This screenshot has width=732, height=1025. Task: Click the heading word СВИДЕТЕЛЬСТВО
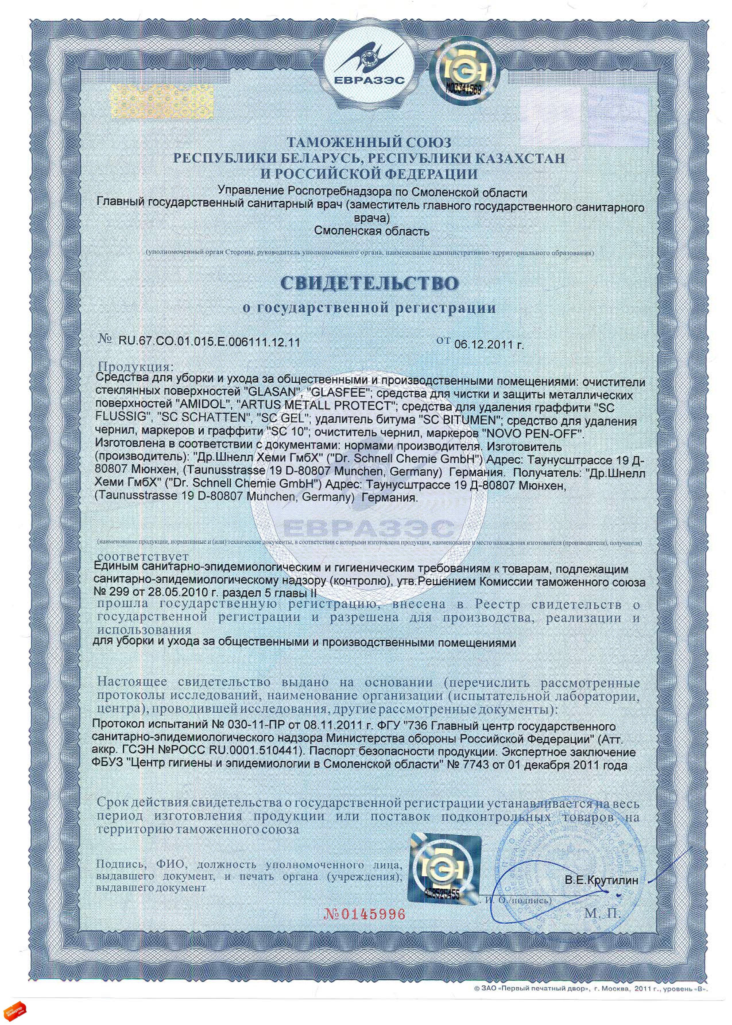click(x=370, y=283)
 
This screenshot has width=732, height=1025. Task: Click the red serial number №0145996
click(x=364, y=914)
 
